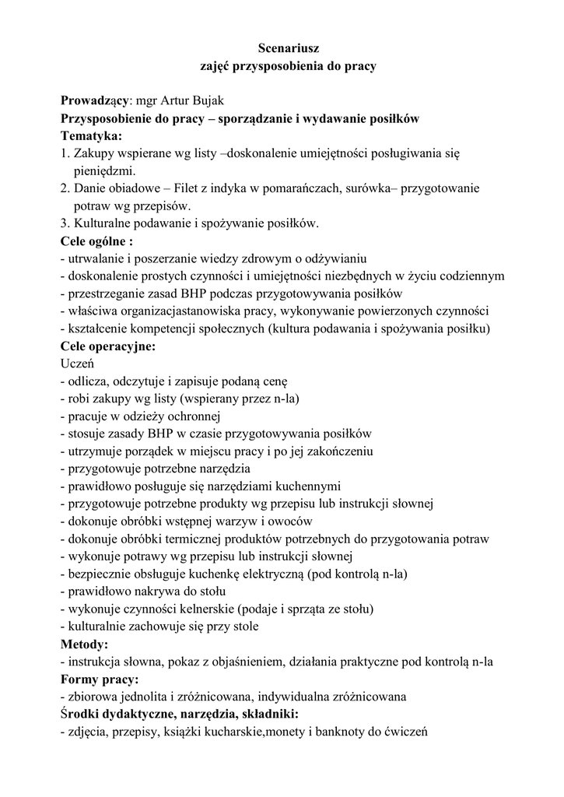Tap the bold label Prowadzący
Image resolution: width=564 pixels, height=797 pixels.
(93, 101)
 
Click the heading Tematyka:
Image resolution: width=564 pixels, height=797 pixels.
(91, 135)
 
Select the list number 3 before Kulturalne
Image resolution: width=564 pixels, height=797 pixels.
(64, 223)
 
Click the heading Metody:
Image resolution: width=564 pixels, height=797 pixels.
(85, 644)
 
